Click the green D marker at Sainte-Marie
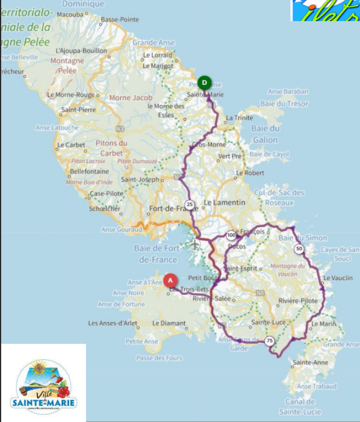click(x=205, y=82)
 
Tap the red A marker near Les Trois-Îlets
click(x=170, y=280)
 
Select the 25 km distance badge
click(x=190, y=204)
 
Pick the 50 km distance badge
click(x=299, y=249)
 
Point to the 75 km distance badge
click(x=269, y=341)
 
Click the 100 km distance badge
click(x=231, y=235)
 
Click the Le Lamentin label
click(x=225, y=203)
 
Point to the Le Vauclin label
click(x=338, y=278)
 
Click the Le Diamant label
click(x=169, y=323)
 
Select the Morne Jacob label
click(x=131, y=98)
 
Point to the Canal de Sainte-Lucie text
click(x=300, y=407)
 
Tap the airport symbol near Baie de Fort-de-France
click(x=194, y=244)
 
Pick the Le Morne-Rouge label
click(x=70, y=95)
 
